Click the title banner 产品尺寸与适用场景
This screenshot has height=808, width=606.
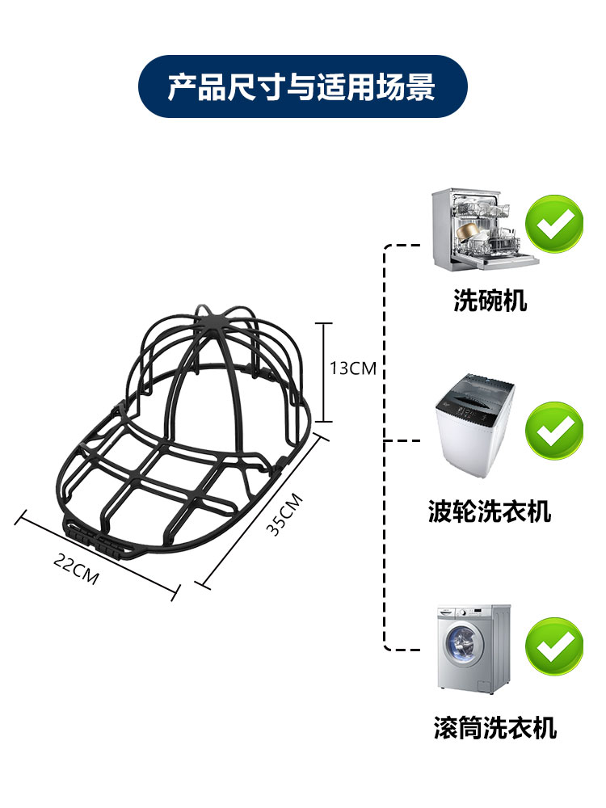tap(302, 86)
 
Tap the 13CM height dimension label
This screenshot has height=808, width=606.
tap(353, 368)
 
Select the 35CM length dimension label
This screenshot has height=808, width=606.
tap(284, 515)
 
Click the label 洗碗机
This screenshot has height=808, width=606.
tap(490, 301)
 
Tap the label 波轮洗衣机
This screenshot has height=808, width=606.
tap(490, 511)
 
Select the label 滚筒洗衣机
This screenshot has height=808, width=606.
tap(494, 726)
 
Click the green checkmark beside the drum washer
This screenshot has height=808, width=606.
tap(554, 646)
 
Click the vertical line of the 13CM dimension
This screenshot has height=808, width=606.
tap(323, 372)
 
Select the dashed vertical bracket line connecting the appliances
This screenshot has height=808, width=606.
tap(384, 452)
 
